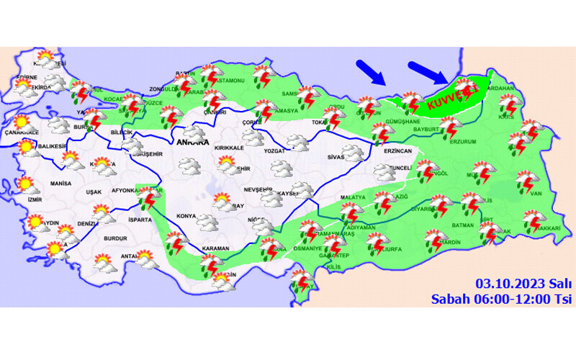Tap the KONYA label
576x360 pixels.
[186, 216]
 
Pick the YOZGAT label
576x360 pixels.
[274, 152]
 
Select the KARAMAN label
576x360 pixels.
[215, 248]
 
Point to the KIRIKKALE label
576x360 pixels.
[230, 147]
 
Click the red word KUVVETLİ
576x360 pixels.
[451, 97]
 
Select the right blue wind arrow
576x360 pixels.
[429, 73]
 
